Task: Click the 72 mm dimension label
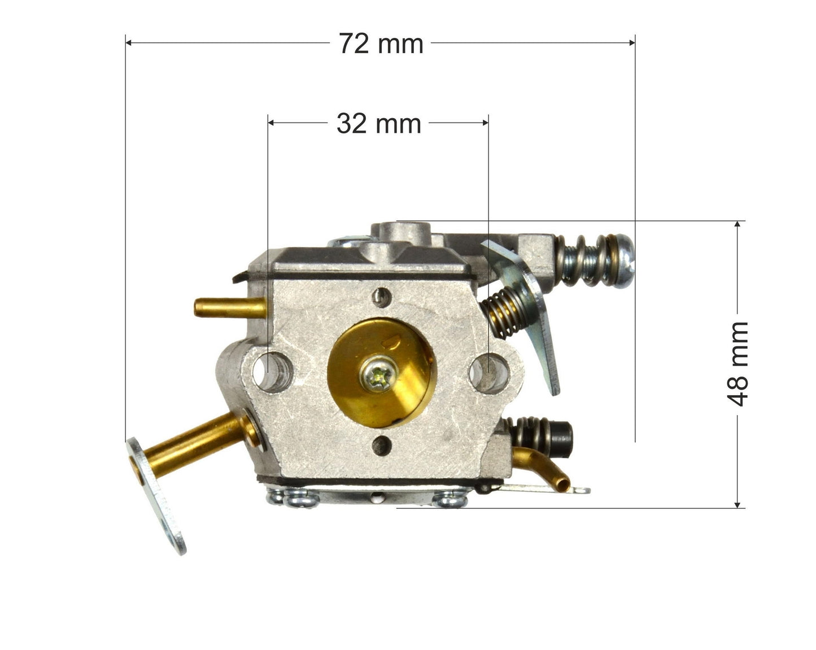coord(381,44)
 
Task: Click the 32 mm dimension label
coord(378,123)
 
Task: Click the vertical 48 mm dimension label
coord(738,364)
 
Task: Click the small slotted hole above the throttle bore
coord(382,295)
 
